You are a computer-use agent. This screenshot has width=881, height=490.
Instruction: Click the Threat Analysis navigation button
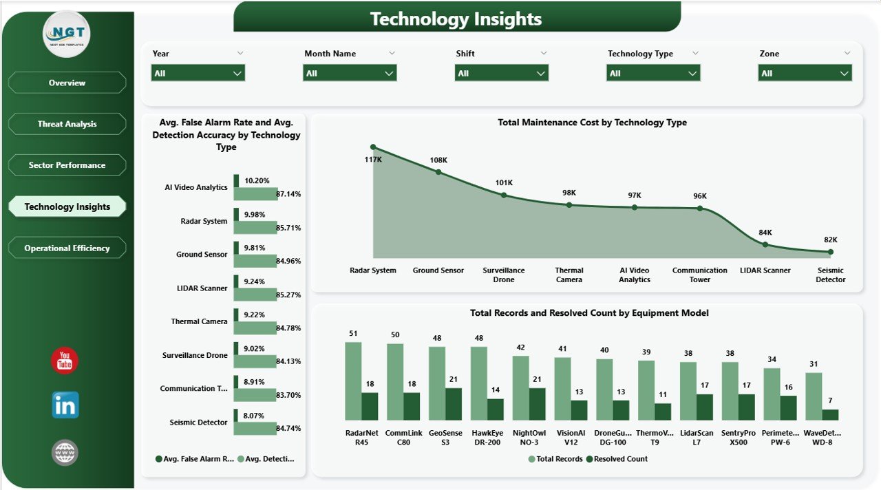click(67, 124)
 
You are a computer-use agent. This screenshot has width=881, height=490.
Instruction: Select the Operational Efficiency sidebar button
click(67, 248)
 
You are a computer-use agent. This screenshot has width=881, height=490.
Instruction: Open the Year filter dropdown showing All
click(198, 73)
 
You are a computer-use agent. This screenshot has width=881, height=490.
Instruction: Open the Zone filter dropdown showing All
click(805, 73)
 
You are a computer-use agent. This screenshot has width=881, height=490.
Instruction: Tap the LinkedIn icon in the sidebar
click(65, 405)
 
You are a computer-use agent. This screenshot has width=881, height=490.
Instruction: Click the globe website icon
click(65, 452)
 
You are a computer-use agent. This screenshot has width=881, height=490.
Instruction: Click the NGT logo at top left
click(66, 34)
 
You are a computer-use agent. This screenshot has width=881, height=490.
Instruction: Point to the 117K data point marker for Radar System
click(373, 147)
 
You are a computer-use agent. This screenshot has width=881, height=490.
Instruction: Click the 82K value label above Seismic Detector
click(831, 239)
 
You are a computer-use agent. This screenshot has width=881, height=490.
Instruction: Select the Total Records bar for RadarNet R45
click(353, 381)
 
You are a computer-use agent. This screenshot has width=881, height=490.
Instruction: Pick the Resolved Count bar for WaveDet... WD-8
click(831, 414)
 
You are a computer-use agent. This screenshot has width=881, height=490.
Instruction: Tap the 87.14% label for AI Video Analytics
click(288, 194)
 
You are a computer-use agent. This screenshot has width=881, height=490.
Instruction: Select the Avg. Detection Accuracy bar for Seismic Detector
click(255, 428)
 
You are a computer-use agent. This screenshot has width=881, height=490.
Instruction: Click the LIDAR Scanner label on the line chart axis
click(765, 270)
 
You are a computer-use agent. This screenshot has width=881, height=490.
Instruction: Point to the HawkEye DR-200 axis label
click(487, 438)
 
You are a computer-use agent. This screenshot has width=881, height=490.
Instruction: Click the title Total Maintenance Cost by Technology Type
click(592, 122)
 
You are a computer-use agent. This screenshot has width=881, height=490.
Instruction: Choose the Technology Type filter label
click(640, 54)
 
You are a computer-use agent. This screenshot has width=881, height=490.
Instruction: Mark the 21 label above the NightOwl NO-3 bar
click(537, 380)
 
